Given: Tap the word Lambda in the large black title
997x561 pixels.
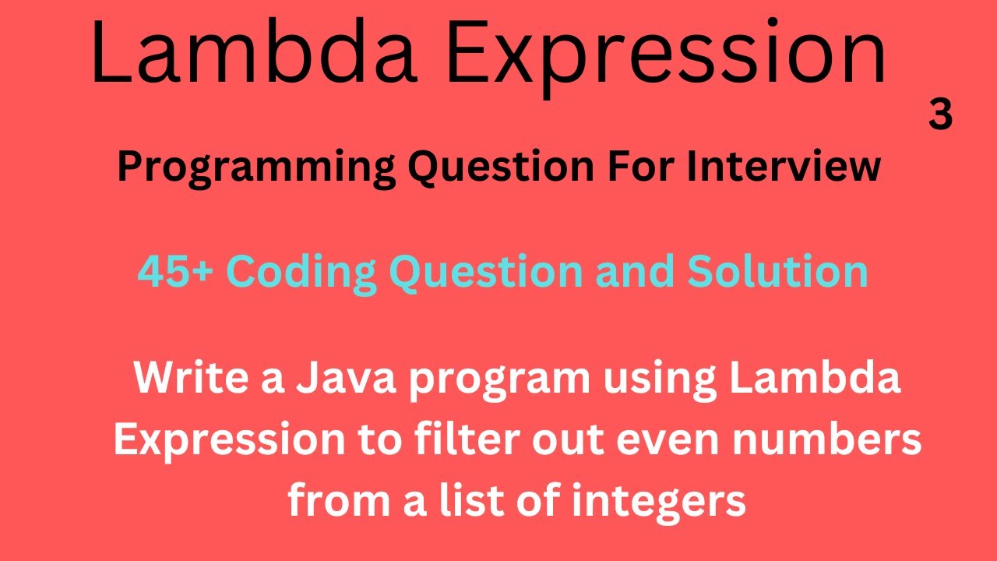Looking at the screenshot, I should coord(251,52).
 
